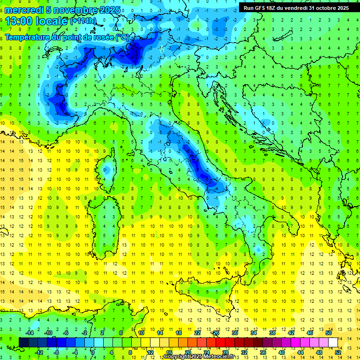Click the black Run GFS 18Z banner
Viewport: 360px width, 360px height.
296,7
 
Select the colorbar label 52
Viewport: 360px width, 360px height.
338,352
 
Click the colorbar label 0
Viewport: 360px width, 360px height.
93,352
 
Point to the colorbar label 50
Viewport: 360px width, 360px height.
329,333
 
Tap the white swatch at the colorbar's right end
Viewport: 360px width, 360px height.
333,342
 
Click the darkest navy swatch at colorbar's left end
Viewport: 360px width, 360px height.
23,342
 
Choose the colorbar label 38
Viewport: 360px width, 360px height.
272,333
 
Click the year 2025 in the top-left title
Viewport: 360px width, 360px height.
109,10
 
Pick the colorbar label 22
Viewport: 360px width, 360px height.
197,333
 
